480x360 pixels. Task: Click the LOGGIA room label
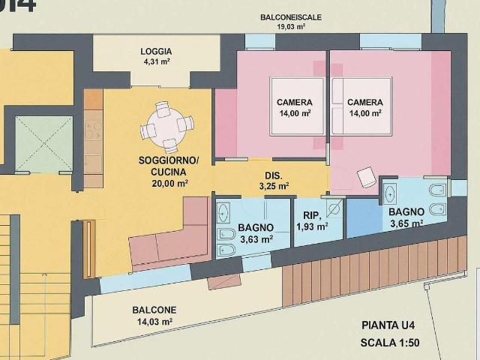point(156,52)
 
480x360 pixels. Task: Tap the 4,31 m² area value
point(157,61)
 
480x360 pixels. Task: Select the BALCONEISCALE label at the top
point(291,17)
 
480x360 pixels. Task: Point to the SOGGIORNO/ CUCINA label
point(169,166)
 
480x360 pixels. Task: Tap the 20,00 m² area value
point(169,183)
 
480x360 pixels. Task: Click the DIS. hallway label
point(273,175)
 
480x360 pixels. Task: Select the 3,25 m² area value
point(274,186)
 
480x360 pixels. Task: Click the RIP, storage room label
point(312,215)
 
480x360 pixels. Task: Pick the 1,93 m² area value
point(312,226)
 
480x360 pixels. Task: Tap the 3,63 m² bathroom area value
point(256,238)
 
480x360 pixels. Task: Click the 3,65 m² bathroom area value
point(406,223)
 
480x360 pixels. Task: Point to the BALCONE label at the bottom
point(154,310)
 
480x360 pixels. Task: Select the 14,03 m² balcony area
point(154,322)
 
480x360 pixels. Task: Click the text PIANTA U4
point(388,325)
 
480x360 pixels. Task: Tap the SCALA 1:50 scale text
point(390,343)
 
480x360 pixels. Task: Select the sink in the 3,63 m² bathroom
point(223,212)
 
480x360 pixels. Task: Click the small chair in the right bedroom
point(367,177)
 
